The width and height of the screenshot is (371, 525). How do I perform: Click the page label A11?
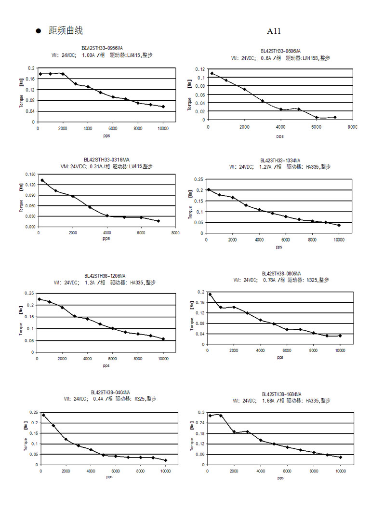pyautogui.click(x=274, y=32)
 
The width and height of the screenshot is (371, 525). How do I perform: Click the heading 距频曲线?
pyautogui.click(x=66, y=31)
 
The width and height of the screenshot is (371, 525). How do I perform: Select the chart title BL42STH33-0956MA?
pyautogui.click(x=102, y=48)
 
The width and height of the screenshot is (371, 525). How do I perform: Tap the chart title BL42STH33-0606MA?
pyautogui.click(x=280, y=51)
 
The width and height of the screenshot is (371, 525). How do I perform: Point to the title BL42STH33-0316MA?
pyautogui.click(x=106, y=160)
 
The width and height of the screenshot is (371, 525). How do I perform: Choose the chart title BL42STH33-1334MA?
pyautogui.click(x=280, y=161)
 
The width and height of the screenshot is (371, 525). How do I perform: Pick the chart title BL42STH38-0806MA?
pyautogui.click(x=281, y=273)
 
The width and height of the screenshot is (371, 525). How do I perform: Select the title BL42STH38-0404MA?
pyautogui.click(x=110, y=392)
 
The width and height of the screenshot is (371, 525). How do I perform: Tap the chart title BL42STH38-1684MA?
pyautogui.click(x=281, y=394)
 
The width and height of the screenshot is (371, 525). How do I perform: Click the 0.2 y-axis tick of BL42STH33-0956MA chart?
pyautogui.click(x=32, y=68)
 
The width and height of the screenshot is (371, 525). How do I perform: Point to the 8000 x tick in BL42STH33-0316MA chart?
pyautogui.click(x=175, y=232)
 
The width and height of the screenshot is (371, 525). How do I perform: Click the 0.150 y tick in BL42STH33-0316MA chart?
pyautogui.click(x=30, y=174)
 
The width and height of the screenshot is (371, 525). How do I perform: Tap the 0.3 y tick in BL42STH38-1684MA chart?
pyautogui.click(x=201, y=413)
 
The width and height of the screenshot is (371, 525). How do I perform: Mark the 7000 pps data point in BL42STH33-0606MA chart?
pyautogui.click(x=335, y=117)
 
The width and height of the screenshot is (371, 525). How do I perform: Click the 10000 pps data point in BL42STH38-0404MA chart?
pyautogui.click(x=166, y=460)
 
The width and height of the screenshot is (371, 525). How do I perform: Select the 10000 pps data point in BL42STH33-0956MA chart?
pyautogui.click(x=163, y=107)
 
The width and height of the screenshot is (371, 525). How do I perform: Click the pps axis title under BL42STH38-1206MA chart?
pyautogui.click(x=106, y=365)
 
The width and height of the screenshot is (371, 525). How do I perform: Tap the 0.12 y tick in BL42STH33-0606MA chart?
pyautogui.click(x=200, y=69)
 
